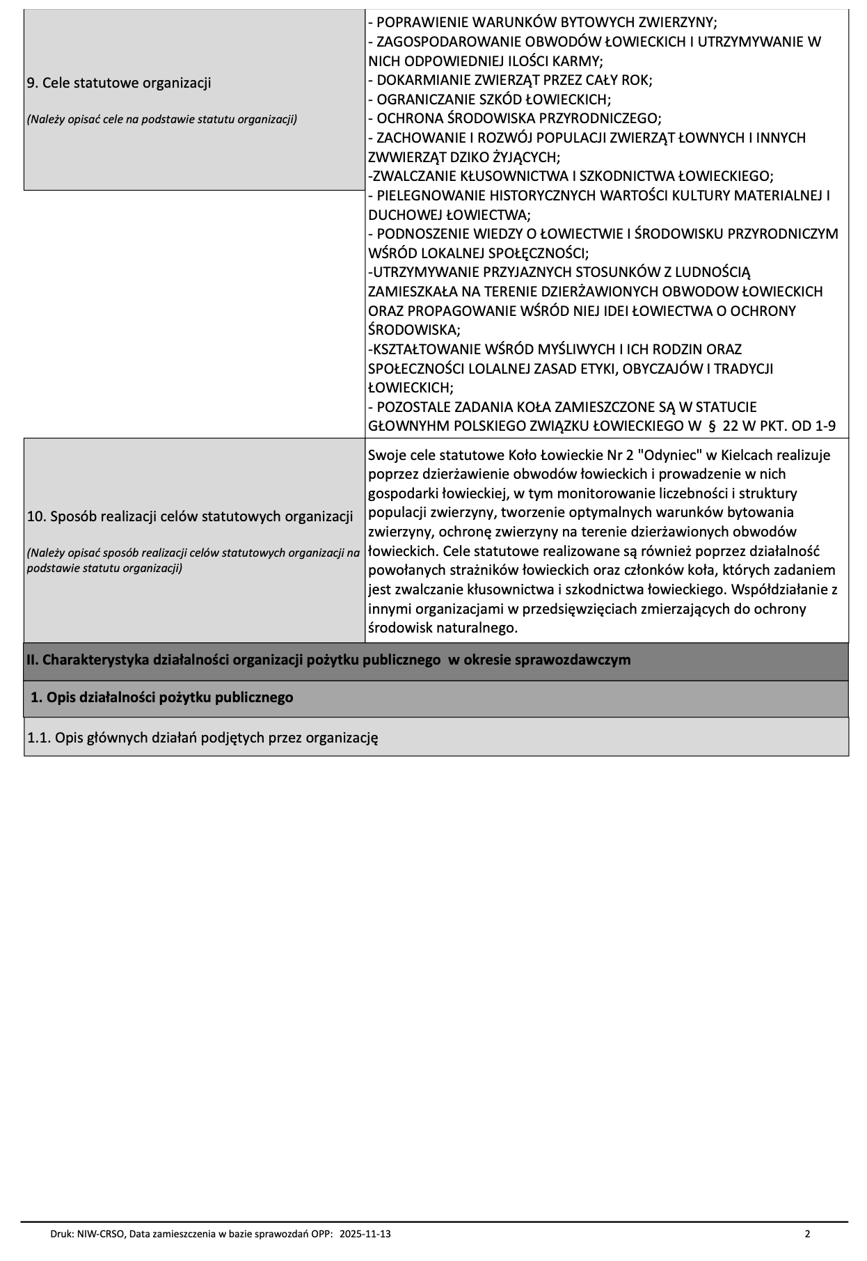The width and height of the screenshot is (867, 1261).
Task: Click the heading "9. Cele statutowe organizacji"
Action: (x=118, y=84)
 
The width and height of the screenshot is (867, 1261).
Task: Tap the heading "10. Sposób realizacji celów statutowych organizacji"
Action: (x=189, y=516)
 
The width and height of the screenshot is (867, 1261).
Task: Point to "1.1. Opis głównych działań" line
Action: (x=202, y=738)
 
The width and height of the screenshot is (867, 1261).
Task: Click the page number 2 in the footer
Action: (x=807, y=1234)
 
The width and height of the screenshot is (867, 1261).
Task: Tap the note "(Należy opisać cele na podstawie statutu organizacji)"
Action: (x=161, y=120)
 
